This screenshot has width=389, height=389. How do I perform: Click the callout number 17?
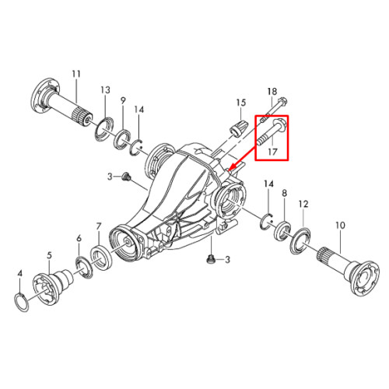click(272, 152)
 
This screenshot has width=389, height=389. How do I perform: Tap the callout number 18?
click(272, 91)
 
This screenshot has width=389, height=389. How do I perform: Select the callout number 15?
click(241, 103)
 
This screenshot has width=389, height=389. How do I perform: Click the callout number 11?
click(76, 74)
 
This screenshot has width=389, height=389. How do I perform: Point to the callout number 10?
click(340, 225)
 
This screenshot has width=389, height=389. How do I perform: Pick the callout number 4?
click(20, 273)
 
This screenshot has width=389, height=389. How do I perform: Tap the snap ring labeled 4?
click(21, 302)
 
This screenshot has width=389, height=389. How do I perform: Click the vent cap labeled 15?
click(237, 128)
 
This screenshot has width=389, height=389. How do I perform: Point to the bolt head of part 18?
click(282, 101)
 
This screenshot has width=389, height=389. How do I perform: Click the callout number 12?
click(303, 204)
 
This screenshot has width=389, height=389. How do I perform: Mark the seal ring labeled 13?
click(104, 129)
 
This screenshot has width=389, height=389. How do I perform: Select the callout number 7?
click(98, 226)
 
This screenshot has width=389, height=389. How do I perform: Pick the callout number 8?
click(285, 193)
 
